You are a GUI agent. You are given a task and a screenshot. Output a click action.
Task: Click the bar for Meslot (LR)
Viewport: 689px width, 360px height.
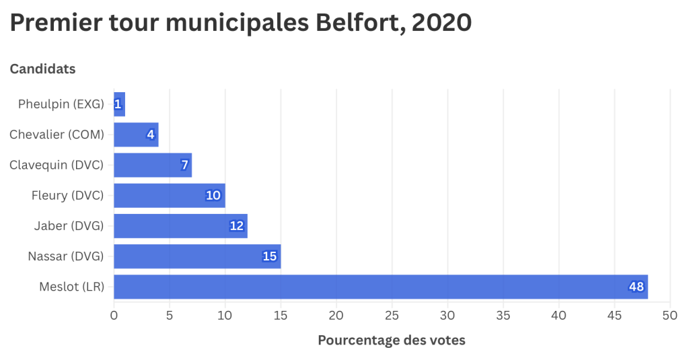(x=380, y=287)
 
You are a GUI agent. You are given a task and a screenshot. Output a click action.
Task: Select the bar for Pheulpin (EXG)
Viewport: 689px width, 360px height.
(x=119, y=104)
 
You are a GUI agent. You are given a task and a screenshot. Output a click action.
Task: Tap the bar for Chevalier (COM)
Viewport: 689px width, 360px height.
(x=136, y=135)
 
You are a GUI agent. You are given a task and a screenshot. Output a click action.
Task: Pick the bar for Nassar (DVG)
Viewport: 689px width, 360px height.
(x=196, y=256)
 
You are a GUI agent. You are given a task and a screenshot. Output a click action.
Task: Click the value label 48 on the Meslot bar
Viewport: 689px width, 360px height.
(x=636, y=287)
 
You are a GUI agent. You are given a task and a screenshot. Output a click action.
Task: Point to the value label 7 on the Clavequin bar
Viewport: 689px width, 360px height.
(x=184, y=165)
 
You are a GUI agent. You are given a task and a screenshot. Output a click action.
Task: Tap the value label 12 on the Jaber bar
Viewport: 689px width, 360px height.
(x=236, y=226)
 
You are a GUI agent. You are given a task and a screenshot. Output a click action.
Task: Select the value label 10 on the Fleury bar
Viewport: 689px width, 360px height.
(x=213, y=196)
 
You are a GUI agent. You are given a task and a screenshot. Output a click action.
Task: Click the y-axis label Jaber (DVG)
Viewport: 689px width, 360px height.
(x=69, y=226)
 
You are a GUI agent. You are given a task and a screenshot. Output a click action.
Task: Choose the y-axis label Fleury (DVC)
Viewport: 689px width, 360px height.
(x=67, y=196)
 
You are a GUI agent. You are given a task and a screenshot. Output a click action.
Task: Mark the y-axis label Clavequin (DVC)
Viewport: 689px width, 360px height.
(x=57, y=165)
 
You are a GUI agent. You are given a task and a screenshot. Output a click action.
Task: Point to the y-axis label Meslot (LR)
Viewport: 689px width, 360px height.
(x=71, y=287)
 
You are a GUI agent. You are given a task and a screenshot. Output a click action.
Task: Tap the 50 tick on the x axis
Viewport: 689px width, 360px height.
(x=669, y=315)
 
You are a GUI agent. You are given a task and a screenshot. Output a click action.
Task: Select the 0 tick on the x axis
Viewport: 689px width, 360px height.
(x=114, y=315)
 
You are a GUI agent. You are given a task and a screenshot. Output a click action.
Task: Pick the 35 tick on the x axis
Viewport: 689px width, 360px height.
(x=503, y=315)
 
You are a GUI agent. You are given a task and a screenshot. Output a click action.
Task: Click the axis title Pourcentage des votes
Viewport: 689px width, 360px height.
(x=391, y=340)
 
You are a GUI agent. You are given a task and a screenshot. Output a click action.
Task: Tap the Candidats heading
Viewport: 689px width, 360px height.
(x=42, y=69)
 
